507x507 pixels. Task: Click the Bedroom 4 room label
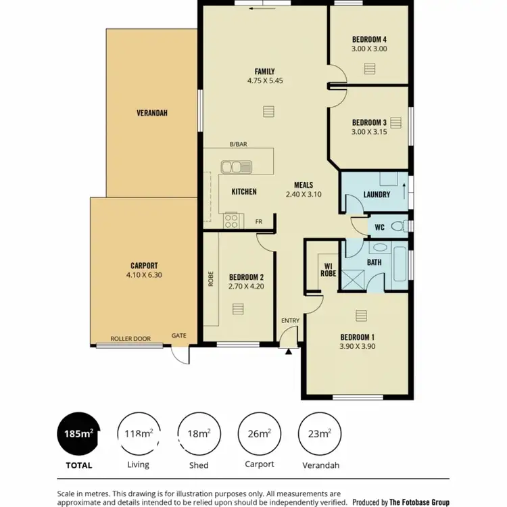click(369, 39)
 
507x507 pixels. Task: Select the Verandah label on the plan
click(151, 113)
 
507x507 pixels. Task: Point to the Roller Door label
click(130, 337)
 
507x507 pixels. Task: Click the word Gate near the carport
click(178, 335)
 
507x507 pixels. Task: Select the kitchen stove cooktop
click(231, 219)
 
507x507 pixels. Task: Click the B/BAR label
click(237, 144)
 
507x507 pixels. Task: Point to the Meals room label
click(303, 185)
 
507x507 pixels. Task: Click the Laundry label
click(377, 195)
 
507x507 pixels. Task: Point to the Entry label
click(290, 320)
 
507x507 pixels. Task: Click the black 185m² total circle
click(78, 433)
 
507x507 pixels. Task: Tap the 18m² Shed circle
click(199, 433)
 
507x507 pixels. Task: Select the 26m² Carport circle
click(260, 433)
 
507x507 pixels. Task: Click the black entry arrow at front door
click(289, 351)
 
